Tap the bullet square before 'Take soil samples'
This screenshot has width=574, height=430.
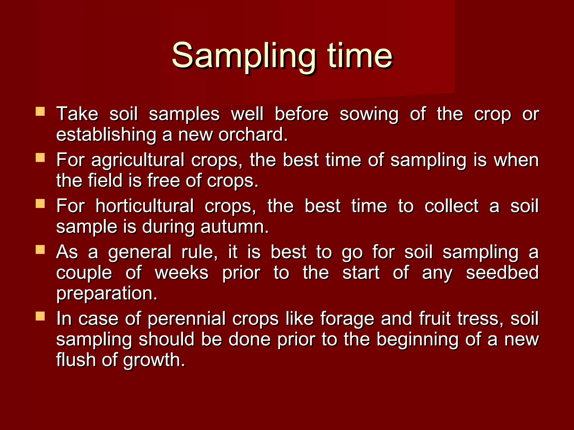click(40, 111)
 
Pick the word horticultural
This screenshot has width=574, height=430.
click(144, 206)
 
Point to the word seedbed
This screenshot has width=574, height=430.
click(502, 273)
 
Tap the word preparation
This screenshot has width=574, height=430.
click(107, 294)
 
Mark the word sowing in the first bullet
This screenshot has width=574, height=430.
click(369, 114)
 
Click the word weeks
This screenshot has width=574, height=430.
click(182, 273)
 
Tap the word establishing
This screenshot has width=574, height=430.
click(106, 135)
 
